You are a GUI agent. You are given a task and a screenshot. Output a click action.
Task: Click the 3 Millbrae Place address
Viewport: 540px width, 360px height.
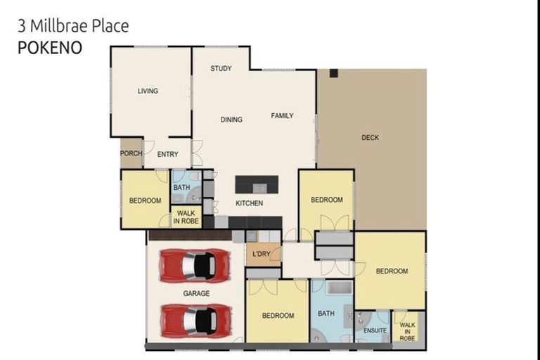72,27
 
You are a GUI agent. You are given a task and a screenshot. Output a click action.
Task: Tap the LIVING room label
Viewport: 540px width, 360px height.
148,91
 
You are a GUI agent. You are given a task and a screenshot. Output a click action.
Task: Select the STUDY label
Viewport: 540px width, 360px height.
221,68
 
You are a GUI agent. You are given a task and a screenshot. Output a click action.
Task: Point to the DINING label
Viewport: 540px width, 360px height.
231,120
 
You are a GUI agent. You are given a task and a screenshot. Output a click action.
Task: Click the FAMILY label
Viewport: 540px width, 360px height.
282,115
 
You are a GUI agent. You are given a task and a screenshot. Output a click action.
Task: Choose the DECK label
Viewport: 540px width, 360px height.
370,137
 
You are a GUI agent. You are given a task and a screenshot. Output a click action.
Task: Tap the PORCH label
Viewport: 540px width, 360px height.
131,153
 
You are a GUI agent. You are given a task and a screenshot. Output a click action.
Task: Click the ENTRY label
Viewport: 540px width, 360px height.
167,154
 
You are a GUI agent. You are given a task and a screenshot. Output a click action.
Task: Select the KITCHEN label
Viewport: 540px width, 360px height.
249,203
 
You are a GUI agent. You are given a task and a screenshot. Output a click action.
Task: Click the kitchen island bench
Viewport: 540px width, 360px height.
256,184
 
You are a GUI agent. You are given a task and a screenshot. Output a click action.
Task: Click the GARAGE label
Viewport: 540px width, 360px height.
195,293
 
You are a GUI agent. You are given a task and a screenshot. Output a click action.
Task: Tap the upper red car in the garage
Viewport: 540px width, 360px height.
195,266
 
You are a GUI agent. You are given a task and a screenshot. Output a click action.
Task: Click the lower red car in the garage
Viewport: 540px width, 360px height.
195,320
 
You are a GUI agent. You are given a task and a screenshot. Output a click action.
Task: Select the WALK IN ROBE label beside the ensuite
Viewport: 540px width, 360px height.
407,331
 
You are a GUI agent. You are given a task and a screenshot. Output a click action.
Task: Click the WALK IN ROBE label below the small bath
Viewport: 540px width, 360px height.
186,217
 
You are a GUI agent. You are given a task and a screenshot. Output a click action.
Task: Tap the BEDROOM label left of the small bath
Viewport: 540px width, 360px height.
145,200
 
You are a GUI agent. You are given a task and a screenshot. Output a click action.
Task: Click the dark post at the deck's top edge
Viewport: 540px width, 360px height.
334,73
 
